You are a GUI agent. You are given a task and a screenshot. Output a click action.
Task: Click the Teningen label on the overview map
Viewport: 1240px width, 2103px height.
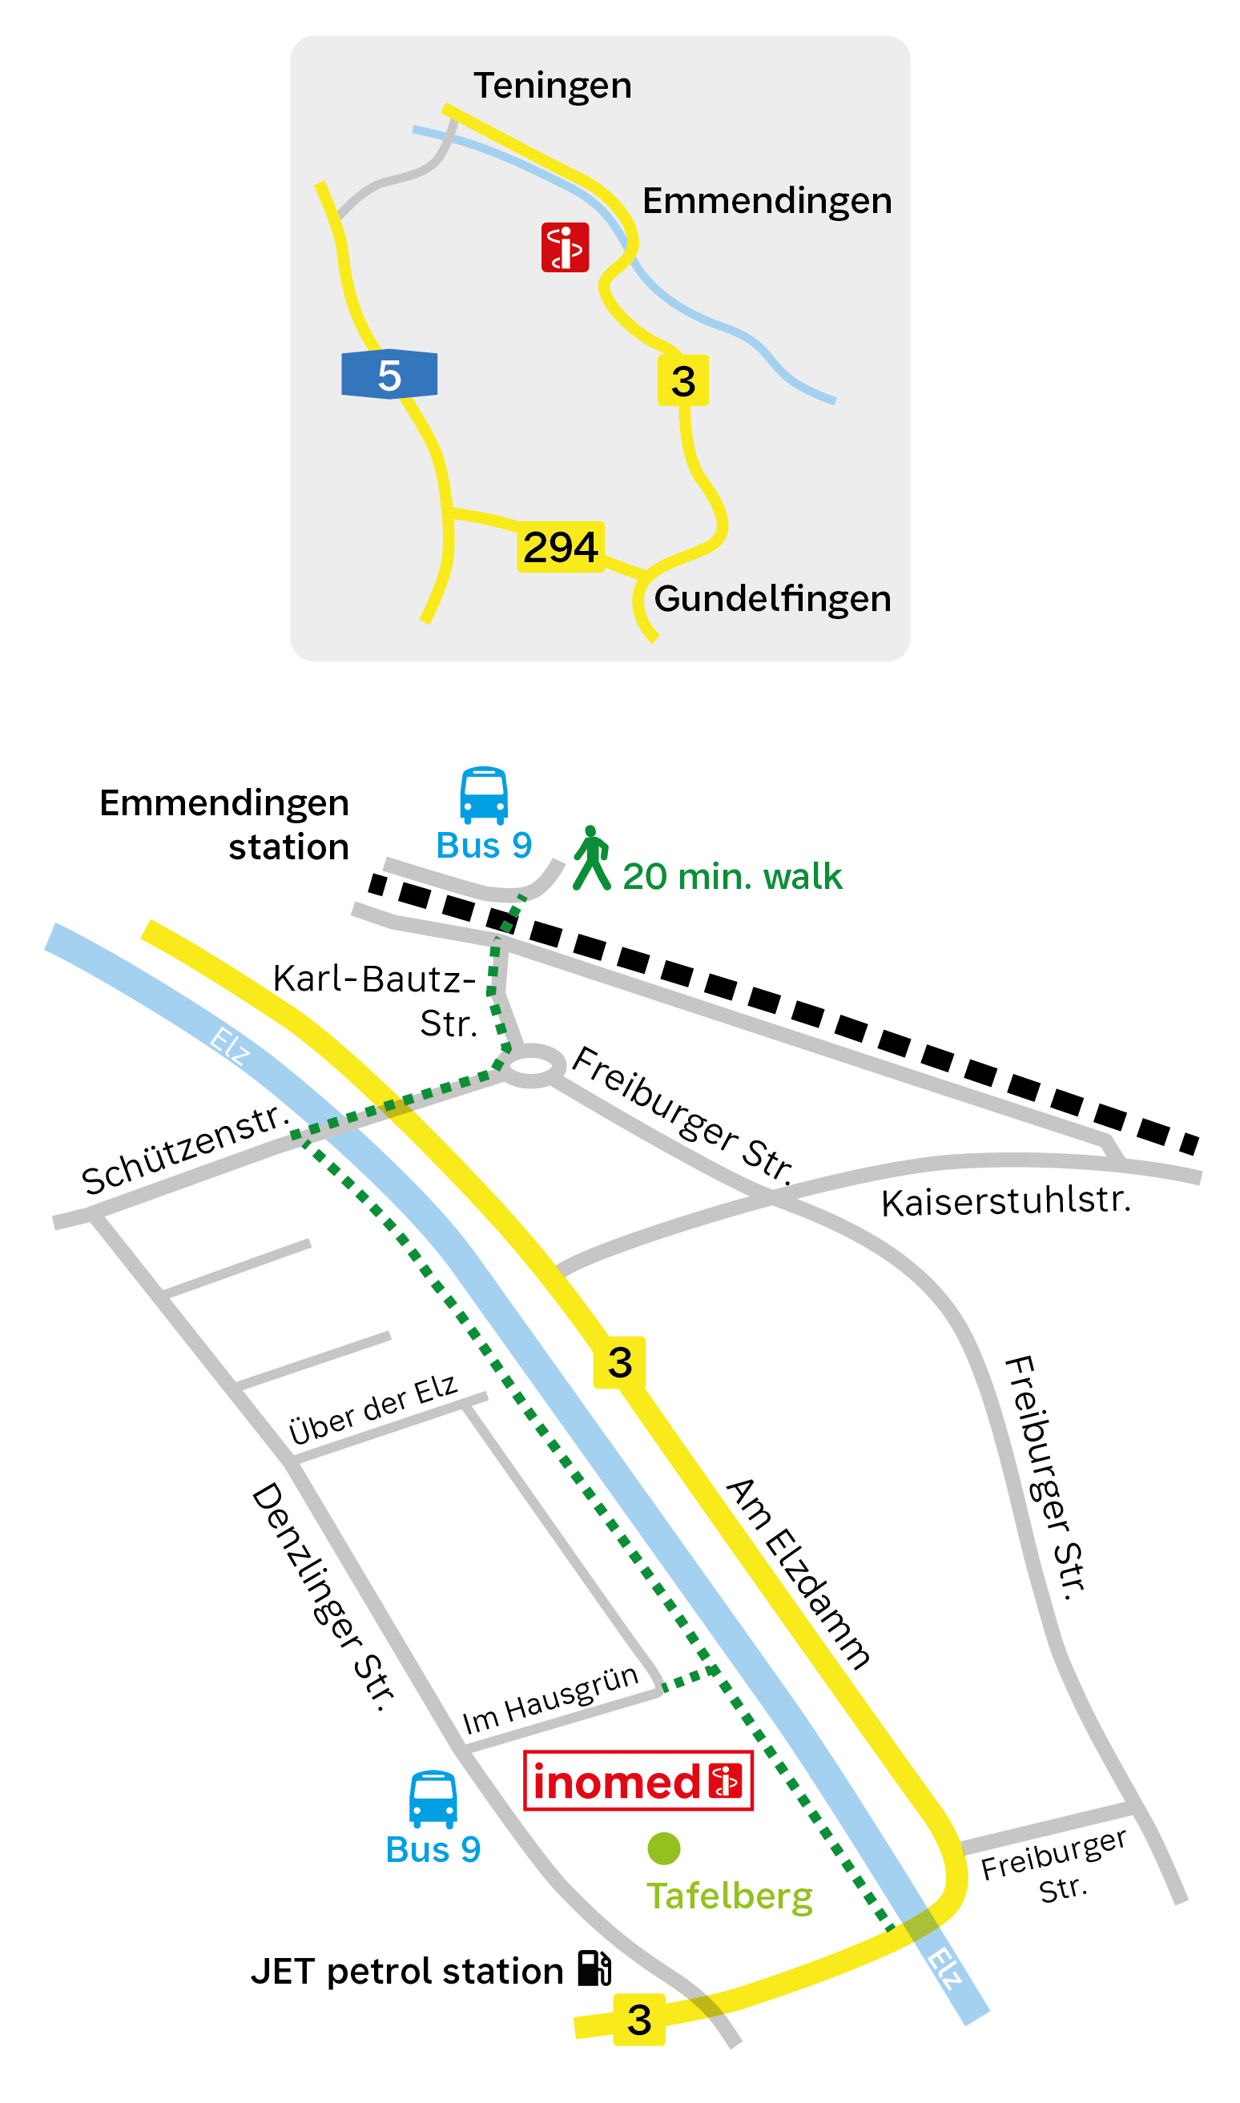click(x=553, y=86)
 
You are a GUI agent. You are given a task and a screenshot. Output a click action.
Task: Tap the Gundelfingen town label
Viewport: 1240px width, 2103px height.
click(x=772, y=599)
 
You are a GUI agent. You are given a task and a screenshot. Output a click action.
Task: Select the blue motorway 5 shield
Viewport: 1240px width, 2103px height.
click(x=389, y=375)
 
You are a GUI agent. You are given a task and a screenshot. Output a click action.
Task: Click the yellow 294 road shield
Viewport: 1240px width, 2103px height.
click(x=560, y=547)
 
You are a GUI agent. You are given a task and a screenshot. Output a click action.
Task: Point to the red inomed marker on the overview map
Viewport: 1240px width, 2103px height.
click(x=565, y=247)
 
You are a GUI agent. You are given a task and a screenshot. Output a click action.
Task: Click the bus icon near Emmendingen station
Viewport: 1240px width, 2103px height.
click(x=484, y=796)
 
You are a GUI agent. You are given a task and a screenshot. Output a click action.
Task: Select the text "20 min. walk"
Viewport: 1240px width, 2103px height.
click(x=732, y=877)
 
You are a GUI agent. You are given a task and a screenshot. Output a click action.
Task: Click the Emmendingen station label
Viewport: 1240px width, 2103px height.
click(x=224, y=824)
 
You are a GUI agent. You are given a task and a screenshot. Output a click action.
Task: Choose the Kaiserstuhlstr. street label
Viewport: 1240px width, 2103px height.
click(x=1005, y=1201)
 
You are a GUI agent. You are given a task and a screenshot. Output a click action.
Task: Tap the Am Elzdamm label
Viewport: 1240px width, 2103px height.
click(x=798, y=1574)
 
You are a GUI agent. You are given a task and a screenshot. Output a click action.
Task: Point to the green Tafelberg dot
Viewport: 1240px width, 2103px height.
click(x=663, y=1848)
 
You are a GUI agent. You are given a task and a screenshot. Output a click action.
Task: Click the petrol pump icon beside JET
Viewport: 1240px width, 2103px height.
click(x=595, y=1968)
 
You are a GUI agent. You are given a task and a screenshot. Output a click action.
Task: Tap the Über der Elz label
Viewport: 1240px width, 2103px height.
click(x=372, y=1409)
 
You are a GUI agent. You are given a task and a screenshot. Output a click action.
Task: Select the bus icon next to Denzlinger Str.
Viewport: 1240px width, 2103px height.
click(x=433, y=1799)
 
